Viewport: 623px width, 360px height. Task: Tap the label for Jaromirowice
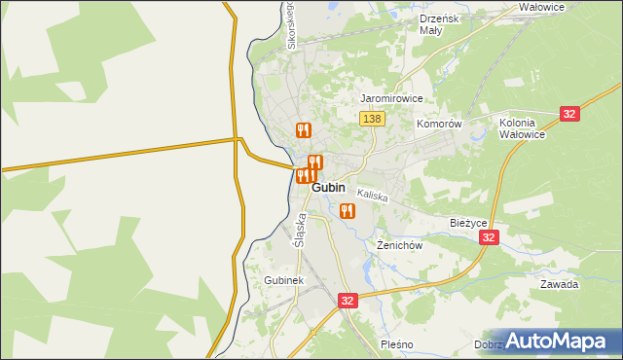pyautogui.click(x=391, y=99)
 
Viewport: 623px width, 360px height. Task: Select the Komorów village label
pyautogui.click(x=438, y=125)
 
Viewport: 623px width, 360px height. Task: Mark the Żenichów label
pyautogui.click(x=399, y=246)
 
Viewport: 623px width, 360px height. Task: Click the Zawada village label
pyautogui.click(x=560, y=285)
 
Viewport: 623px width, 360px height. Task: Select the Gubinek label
pyautogui.click(x=284, y=280)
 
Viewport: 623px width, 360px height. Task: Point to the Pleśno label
pyautogui.click(x=398, y=344)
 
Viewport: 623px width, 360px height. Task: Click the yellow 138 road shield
pyautogui.click(x=372, y=119)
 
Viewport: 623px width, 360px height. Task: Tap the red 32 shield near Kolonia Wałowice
pyautogui.click(x=570, y=114)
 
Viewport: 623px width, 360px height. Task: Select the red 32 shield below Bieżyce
pyautogui.click(x=490, y=237)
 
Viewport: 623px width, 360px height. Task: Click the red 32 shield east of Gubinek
pyautogui.click(x=348, y=302)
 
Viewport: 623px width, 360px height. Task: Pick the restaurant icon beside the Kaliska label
pyautogui.click(x=348, y=210)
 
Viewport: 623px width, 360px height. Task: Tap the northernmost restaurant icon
pyautogui.click(x=304, y=129)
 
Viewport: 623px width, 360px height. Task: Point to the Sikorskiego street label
pyautogui.click(x=290, y=26)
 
